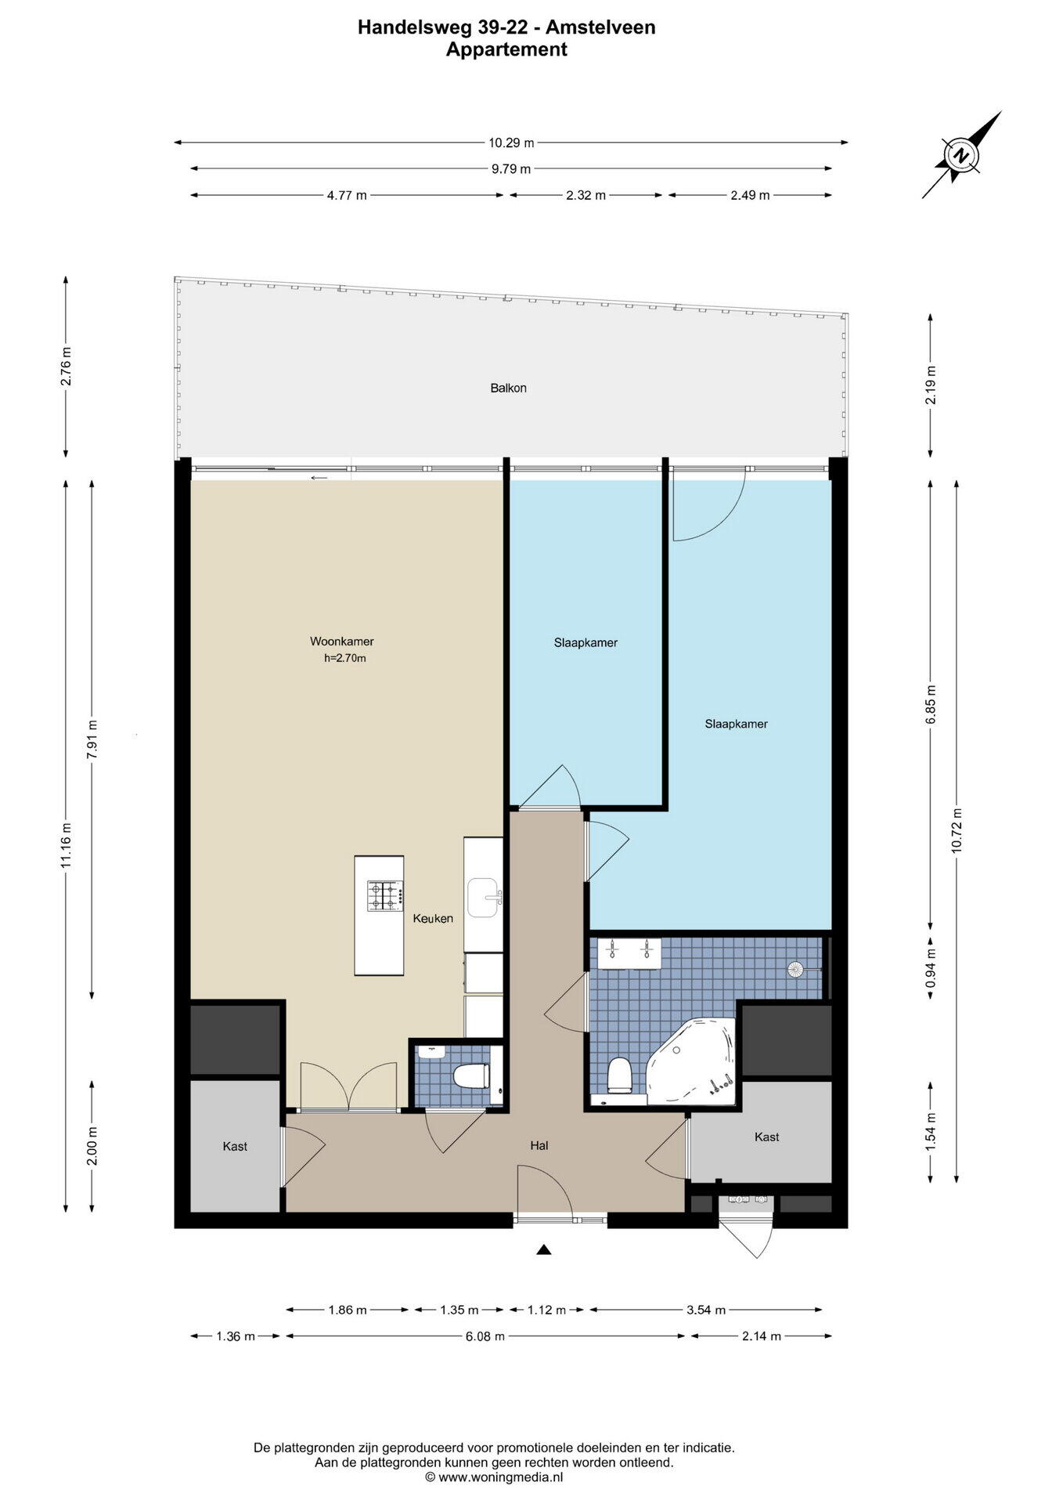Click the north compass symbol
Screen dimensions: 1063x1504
(961, 154)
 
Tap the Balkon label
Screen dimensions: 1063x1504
(509, 388)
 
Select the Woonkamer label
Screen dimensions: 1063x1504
(342, 642)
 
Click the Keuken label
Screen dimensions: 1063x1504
(433, 918)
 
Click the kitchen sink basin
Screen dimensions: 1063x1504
(483, 898)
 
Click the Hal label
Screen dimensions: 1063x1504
(539, 1145)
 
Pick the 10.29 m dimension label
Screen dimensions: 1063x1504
(511, 143)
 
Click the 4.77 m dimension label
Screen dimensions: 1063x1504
(347, 195)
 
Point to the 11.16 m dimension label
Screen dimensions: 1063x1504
(67, 844)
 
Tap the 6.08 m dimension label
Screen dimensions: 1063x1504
(485, 1336)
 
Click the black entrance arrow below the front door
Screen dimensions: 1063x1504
(544, 1250)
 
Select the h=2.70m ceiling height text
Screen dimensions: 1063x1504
(345, 659)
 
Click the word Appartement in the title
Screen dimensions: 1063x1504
(506, 49)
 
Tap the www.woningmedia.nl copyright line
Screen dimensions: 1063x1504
(494, 1477)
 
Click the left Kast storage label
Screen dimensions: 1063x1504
(235, 1146)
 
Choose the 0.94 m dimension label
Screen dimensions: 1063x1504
(931, 968)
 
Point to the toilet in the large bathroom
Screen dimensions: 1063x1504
(619, 1075)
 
